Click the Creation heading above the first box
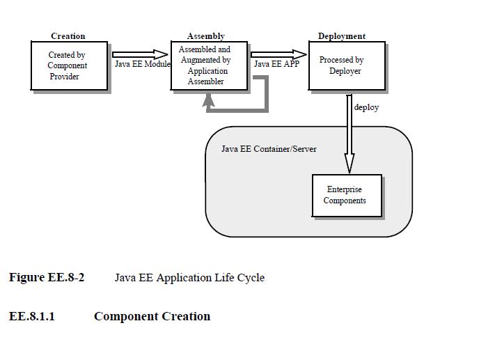pos(68,36)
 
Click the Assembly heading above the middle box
pos(206,36)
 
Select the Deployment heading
pos(342,36)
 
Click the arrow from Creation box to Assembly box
pos(140,55)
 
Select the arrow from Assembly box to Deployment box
pos(278,55)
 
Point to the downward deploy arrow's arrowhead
pos(350,163)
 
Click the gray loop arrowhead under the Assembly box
pos(209,100)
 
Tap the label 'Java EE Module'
pos(142,64)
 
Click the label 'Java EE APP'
pos(277,64)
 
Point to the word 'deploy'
pos(366,107)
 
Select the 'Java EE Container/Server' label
pos(269,149)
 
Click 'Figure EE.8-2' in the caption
pos(47,278)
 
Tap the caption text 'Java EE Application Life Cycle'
pos(189,278)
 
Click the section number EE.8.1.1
pos(32,316)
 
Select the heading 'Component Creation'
pos(152,316)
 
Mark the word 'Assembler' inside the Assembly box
pos(206,81)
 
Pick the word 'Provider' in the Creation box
pos(65,77)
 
